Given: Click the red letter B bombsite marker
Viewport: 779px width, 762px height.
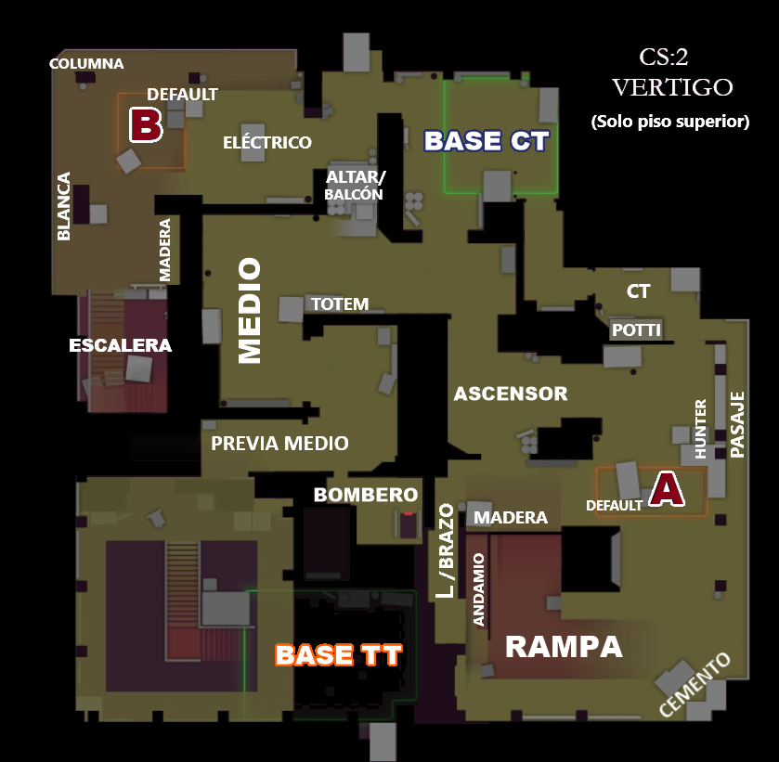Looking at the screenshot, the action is coord(146,124).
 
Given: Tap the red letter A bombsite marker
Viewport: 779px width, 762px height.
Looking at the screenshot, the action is coord(667,489).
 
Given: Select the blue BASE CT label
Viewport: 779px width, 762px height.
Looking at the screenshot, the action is coord(487,140).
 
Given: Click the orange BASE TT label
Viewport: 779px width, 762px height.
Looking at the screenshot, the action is coord(338,654).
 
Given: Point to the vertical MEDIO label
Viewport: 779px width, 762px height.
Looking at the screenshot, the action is coord(250,311).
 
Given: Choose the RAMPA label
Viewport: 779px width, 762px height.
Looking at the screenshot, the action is coord(564,647).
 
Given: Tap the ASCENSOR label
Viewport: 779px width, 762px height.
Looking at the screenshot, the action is coord(511,394).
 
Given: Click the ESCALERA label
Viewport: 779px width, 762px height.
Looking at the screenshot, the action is coord(120,345).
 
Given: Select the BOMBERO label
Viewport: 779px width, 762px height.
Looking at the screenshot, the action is coord(366,495).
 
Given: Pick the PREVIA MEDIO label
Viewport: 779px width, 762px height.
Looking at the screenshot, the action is coord(279,443).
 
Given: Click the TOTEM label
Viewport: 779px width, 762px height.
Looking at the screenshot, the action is coord(340,304).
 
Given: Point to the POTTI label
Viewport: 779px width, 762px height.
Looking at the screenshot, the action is coord(636,329).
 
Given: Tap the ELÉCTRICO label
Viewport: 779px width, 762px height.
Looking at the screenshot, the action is coord(267,142).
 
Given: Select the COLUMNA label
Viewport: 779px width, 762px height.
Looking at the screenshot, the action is coord(86,64).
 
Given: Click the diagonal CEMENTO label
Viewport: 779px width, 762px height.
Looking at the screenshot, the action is coord(695,685).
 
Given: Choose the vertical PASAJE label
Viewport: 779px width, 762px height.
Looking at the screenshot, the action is coord(737,425).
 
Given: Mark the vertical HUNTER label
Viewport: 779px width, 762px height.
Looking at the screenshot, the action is coord(700,429).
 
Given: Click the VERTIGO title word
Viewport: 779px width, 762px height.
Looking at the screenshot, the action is coord(672,87).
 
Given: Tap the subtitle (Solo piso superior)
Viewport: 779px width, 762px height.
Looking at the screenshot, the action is coord(670,122).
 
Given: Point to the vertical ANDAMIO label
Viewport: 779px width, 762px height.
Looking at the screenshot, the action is coord(478,590).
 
